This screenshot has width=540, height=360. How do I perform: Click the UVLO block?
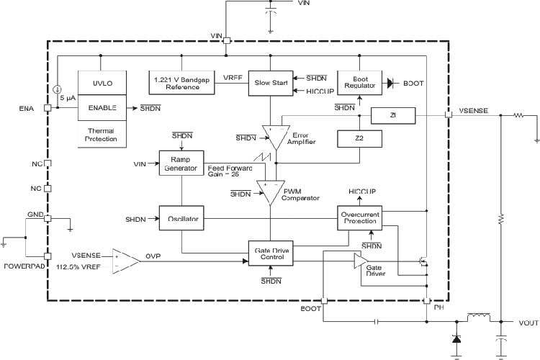[x=102, y=84]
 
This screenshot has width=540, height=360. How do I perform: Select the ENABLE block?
[x=102, y=107]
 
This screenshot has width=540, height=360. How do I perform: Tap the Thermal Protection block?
[x=102, y=135]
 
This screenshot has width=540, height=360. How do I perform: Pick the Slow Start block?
[x=269, y=83]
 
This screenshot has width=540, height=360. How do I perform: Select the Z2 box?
[x=358, y=138]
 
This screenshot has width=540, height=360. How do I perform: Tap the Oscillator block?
[x=181, y=218]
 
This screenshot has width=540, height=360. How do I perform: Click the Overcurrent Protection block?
[x=359, y=218]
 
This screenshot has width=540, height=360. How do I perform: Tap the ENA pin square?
[x=48, y=108]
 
